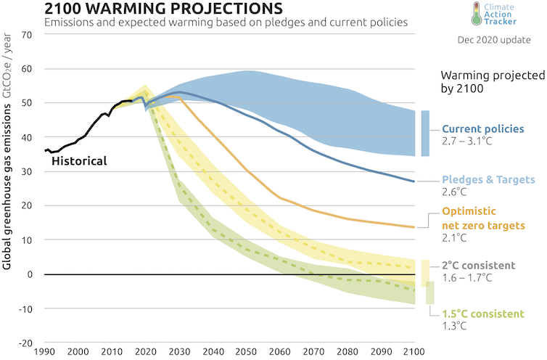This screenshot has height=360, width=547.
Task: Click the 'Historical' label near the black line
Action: click(x=78, y=160)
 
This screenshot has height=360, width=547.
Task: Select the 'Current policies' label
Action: click(x=482, y=129)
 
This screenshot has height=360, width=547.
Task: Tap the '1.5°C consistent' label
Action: click(x=482, y=314)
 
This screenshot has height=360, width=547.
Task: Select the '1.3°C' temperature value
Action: click(x=456, y=327)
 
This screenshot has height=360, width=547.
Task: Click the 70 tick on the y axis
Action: click(x=28, y=35)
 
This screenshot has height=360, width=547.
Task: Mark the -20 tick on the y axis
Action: click(x=27, y=343)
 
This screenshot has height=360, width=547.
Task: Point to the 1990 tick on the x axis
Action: click(x=45, y=352)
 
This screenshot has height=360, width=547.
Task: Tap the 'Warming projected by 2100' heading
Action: click(x=484, y=82)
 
